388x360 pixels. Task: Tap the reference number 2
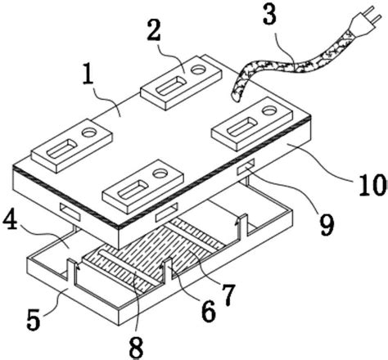pos(154,30)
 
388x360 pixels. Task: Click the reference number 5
pos(34,319)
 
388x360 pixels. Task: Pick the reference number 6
pos(209,312)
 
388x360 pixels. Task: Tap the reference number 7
pos(228,295)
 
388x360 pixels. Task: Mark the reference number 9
pos(327,225)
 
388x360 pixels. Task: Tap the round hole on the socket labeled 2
pos(198,70)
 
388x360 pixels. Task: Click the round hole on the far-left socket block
pos(90,133)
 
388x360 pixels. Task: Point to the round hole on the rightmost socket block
pos(269,110)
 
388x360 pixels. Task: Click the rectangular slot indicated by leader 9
pos(246,167)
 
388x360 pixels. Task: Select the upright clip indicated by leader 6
pos(168,271)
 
